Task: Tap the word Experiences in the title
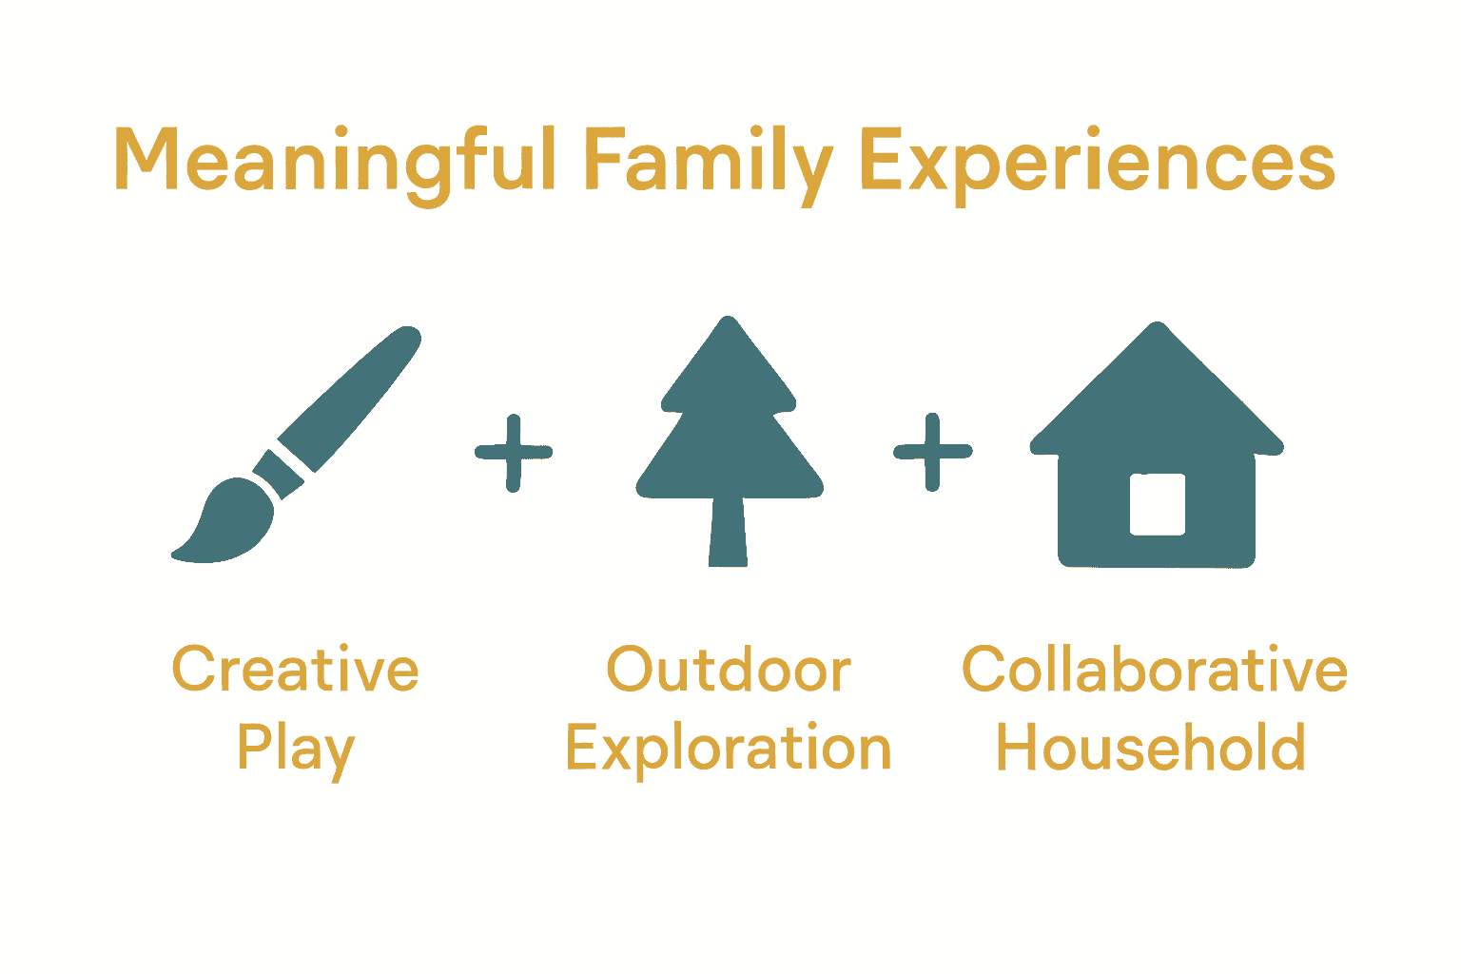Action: [x=1097, y=162]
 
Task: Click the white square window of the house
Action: [x=1157, y=504]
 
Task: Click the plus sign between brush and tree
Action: [x=514, y=452]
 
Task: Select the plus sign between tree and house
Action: [x=932, y=452]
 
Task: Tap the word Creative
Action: [x=295, y=670]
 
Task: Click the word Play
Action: [x=295, y=750]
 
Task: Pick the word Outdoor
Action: [x=729, y=670]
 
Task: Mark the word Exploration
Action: [x=729, y=750]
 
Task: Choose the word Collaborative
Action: [x=1155, y=670]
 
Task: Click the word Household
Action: [x=1151, y=750]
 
